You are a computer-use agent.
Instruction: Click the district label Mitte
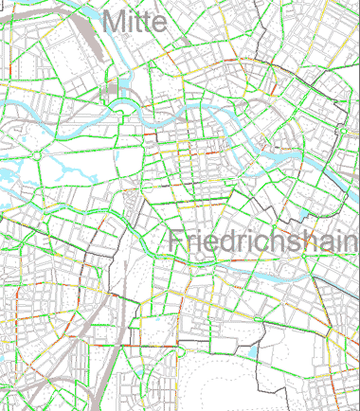pyautogui.click(x=137, y=20)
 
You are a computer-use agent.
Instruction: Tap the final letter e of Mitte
pyautogui.click(x=164, y=23)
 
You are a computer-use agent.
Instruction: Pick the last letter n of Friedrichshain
pyautogui.click(x=349, y=243)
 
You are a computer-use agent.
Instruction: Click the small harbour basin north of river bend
pyautogui.click(x=114, y=90)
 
